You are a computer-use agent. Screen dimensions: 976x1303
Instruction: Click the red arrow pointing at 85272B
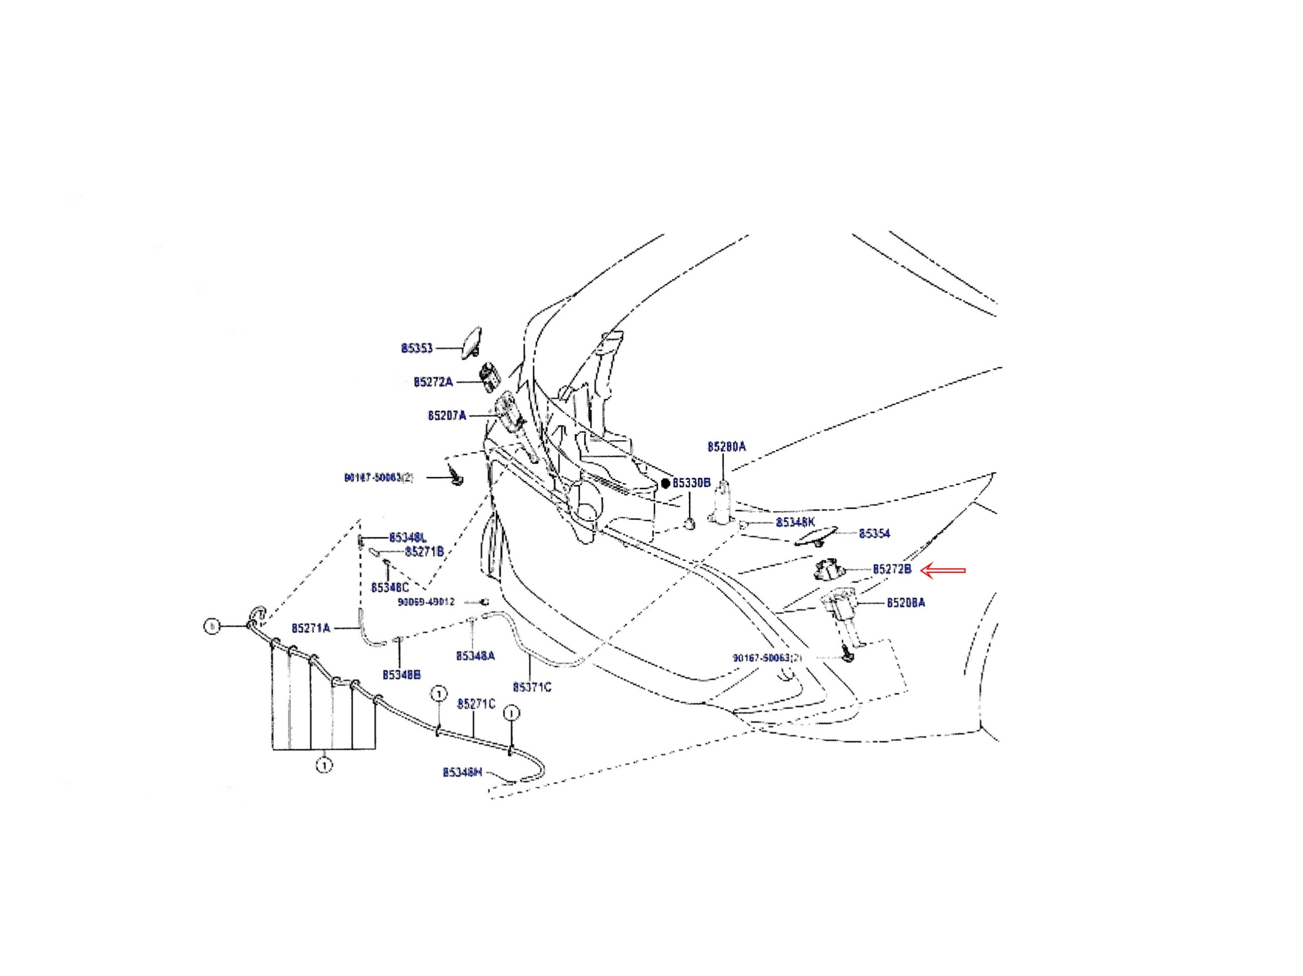click(943, 570)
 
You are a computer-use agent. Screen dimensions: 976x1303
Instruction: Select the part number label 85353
click(416, 348)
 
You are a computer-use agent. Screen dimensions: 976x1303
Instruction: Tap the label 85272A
click(433, 382)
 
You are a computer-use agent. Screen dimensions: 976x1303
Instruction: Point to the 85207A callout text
click(446, 416)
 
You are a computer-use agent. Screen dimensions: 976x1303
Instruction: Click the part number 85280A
click(726, 446)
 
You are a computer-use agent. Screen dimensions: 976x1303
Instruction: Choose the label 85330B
click(692, 483)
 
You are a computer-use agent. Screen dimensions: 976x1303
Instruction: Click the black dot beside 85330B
click(666, 483)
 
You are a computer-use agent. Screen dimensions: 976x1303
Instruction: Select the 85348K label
click(795, 523)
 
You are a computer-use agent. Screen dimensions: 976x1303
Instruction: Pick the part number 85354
click(874, 534)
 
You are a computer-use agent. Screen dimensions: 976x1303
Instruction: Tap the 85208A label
click(906, 602)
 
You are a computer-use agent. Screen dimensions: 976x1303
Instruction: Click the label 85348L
click(408, 538)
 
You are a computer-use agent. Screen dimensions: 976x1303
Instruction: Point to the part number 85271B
click(424, 552)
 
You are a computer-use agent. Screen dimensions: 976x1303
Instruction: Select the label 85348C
click(389, 588)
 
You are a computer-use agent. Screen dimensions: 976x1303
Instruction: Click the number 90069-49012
click(427, 602)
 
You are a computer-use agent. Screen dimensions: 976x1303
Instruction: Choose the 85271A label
click(310, 628)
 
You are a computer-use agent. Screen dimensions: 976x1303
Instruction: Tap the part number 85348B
click(401, 674)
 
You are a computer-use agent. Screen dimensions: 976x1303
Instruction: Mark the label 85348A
click(475, 655)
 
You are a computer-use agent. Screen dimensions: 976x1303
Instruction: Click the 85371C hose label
click(532, 687)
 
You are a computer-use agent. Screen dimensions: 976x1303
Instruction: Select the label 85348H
click(462, 772)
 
